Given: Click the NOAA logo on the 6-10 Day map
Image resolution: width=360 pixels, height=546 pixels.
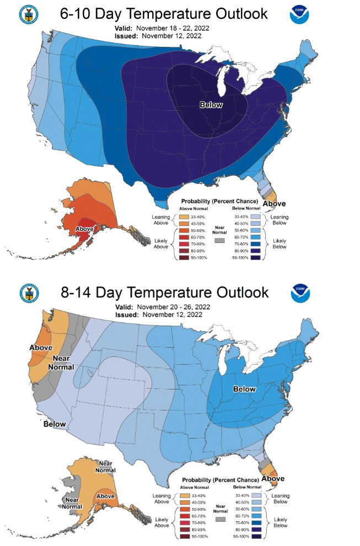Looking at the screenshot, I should click(300, 15).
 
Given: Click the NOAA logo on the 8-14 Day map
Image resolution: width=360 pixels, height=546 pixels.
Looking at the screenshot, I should click(300, 292).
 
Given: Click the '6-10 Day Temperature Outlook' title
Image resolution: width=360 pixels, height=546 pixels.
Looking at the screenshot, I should click(164, 14).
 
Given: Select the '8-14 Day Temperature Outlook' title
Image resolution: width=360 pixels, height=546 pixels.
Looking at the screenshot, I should click(164, 291).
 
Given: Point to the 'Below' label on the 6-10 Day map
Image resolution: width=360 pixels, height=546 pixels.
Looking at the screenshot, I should click(211, 105).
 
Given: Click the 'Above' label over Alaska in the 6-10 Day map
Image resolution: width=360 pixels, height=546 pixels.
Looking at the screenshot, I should click(84, 229).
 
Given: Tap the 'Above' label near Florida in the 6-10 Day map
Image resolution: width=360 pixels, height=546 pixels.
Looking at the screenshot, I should click(273, 204).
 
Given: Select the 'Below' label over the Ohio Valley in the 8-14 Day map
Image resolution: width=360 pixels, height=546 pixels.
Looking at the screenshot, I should click(244, 389).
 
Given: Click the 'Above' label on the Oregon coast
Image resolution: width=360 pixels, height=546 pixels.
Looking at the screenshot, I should click(41, 348).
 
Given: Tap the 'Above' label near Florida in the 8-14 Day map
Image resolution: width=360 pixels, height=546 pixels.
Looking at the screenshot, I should click(273, 479).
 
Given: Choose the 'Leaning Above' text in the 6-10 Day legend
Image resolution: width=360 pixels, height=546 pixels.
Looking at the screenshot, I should click(160, 220).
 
